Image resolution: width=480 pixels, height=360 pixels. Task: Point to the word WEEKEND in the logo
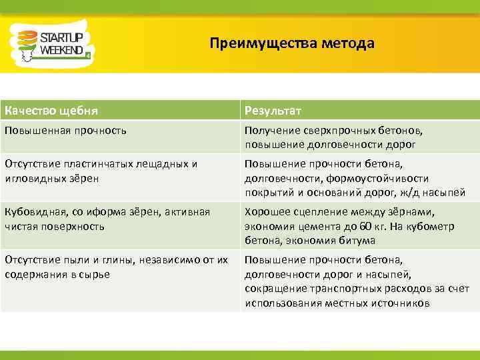click(x=61, y=50)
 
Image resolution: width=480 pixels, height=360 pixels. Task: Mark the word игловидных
click(x=35, y=177)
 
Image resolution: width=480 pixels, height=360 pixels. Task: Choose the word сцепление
click(x=318, y=212)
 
